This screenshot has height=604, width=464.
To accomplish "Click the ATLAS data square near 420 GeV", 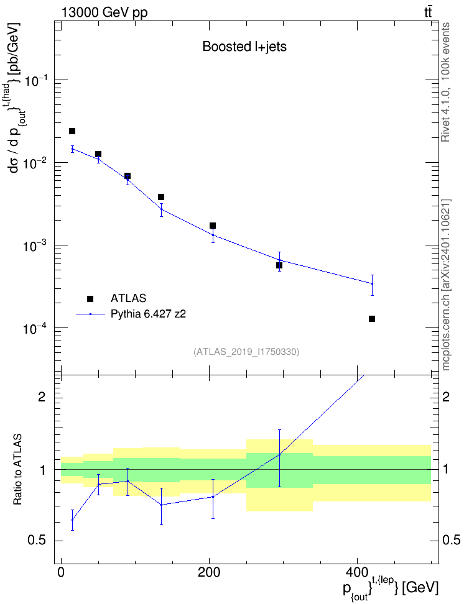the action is tap(372, 319).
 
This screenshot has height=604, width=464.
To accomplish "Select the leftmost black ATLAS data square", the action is tap(72, 131).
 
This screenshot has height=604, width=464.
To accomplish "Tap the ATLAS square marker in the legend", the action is tap(90, 298).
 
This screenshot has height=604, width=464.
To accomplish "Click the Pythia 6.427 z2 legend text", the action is tap(148, 314).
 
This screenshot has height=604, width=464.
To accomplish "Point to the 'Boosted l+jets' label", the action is tap(244, 47).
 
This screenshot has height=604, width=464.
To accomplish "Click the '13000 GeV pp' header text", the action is tap(104, 13).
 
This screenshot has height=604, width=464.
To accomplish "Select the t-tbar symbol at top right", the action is tap(428, 12).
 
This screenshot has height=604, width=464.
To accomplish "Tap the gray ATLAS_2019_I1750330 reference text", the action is tap(246, 351).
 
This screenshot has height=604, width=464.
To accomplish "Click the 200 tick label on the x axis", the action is tap(209, 572).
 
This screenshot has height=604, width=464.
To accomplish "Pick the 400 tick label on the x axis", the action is tap(357, 572).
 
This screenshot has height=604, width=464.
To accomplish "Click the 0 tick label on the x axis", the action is tap(61, 572).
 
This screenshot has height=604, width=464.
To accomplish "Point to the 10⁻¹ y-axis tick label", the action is tap(35, 80).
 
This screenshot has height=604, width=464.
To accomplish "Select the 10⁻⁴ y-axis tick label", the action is tap(35, 329).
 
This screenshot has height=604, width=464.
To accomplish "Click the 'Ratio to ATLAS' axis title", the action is tap(17, 469).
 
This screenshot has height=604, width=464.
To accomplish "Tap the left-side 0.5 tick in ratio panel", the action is tap(37, 541).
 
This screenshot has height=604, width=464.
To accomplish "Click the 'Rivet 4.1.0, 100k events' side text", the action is tap(445, 82).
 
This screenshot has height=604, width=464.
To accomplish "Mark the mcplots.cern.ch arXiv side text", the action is tap(446, 285).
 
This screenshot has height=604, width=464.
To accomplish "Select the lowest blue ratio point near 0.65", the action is tap(72, 519).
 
